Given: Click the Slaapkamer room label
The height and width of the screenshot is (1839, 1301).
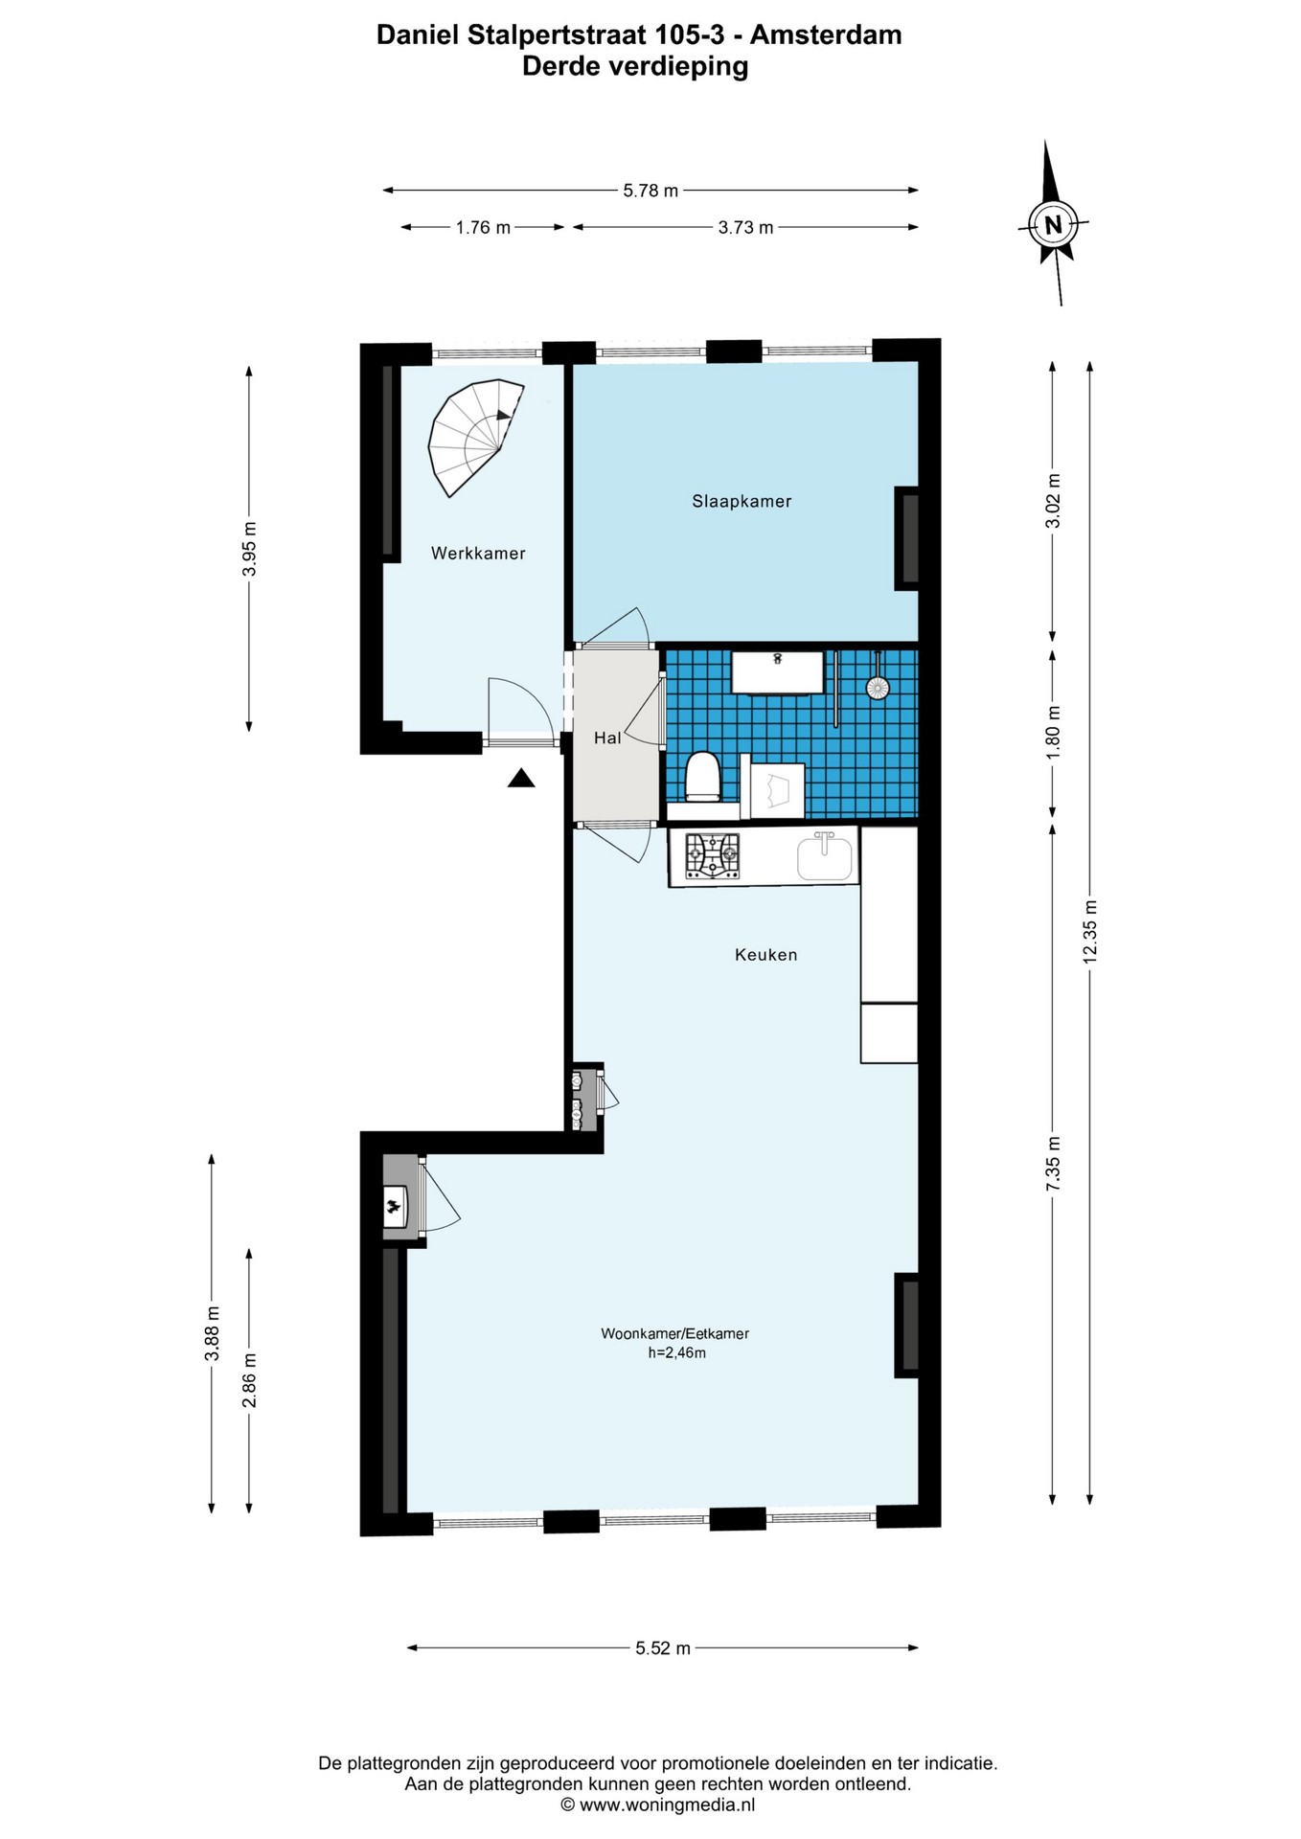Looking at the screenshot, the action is (x=742, y=501).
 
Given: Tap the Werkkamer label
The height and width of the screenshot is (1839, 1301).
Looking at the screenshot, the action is (x=478, y=553).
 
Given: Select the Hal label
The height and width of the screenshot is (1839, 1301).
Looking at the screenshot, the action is (x=607, y=738).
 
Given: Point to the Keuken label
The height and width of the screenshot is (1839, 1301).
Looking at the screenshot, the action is (x=765, y=954).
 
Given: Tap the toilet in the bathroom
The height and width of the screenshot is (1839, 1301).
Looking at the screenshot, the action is (x=702, y=776).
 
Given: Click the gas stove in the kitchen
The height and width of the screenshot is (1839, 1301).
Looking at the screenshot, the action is (x=712, y=855).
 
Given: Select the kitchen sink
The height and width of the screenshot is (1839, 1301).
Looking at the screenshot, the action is (x=824, y=855).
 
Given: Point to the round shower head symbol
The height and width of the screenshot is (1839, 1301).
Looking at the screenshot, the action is (x=877, y=688).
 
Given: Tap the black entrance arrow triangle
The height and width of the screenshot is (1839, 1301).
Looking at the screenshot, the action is (x=520, y=778).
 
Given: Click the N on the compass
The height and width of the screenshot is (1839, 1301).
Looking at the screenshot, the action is (x=1053, y=225).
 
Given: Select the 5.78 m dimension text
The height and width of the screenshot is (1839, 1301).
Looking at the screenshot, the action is (x=650, y=191).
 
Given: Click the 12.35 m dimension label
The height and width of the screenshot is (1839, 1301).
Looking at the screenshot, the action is (x=1089, y=933).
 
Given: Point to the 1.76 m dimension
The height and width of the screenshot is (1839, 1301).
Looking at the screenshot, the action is (x=483, y=227).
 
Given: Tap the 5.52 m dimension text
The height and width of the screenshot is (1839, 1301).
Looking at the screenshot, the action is (x=663, y=1648).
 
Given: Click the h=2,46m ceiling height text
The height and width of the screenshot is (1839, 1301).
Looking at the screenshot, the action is (x=676, y=1352).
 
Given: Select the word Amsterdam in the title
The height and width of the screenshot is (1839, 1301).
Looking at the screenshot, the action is (x=825, y=35).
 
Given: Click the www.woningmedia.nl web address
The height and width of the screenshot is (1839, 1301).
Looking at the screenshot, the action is (x=667, y=1805).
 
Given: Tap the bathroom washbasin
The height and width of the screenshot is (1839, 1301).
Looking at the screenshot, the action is (x=777, y=671).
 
